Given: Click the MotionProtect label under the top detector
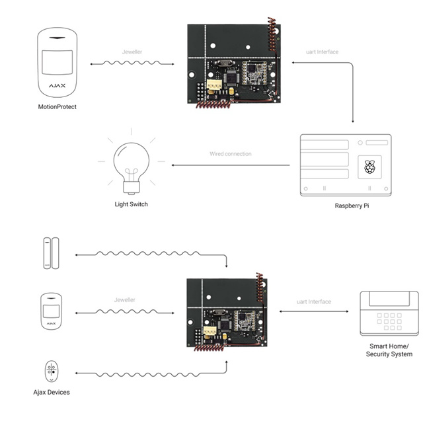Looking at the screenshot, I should [x=58, y=106].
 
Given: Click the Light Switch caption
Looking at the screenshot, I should [x=132, y=204].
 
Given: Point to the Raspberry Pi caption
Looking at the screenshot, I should [x=355, y=206].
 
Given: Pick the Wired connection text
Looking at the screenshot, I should [x=231, y=154].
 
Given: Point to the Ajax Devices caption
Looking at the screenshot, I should [x=51, y=393].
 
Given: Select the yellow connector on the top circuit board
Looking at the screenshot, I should [x=214, y=86].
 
